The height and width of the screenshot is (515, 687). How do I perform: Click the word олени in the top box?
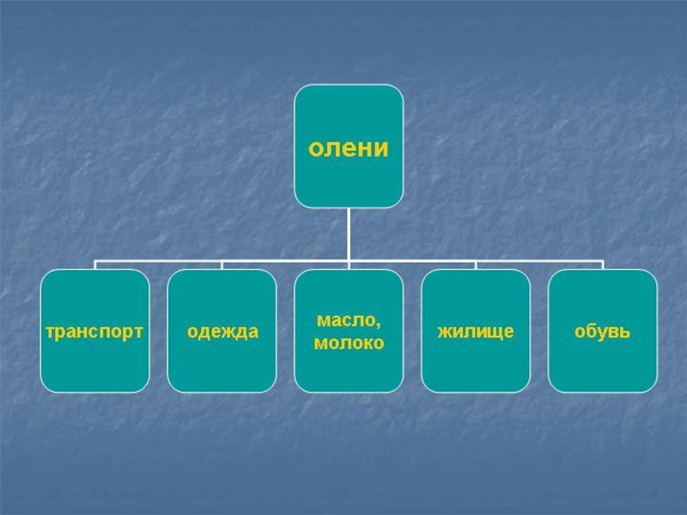pyautogui.click(x=349, y=148)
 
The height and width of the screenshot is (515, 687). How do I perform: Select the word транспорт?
pyautogui.click(x=94, y=331)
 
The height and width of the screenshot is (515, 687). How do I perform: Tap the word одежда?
pyautogui.click(x=222, y=331)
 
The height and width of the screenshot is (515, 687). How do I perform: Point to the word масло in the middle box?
pyautogui.click(x=346, y=320)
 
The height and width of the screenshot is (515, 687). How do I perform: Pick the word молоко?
pyautogui.click(x=349, y=343)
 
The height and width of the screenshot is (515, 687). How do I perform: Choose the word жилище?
pyautogui.click(x=476, y=331)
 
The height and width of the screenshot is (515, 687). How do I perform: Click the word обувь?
pyautogui.click(x=603, y=331)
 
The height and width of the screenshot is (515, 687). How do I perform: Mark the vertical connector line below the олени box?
pyautogui.click(x=349, y=233)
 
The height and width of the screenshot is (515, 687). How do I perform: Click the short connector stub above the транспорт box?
pyautogui.click(x=94, y=264)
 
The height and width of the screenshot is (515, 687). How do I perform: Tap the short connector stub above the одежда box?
pyautogui.click(x=222, y=264)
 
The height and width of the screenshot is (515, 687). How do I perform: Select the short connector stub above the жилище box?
pyautogui.click(x=476, y=264)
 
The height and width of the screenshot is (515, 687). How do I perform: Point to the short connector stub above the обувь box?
pyautogui.click(x=603, y=264)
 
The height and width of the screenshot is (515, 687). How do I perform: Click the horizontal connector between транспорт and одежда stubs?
pyautogui.click(x=158, y=260)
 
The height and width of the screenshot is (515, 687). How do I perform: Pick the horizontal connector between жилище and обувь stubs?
pyautogui.click(x=539, y=260)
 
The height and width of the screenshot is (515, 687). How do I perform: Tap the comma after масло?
pyautogui.click(x=379, y=325)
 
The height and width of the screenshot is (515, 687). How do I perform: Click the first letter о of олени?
pyautogui.click(x=315, y=148)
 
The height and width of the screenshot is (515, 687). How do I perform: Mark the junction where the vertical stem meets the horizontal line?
pyautogui.click(x=349, y=260)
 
